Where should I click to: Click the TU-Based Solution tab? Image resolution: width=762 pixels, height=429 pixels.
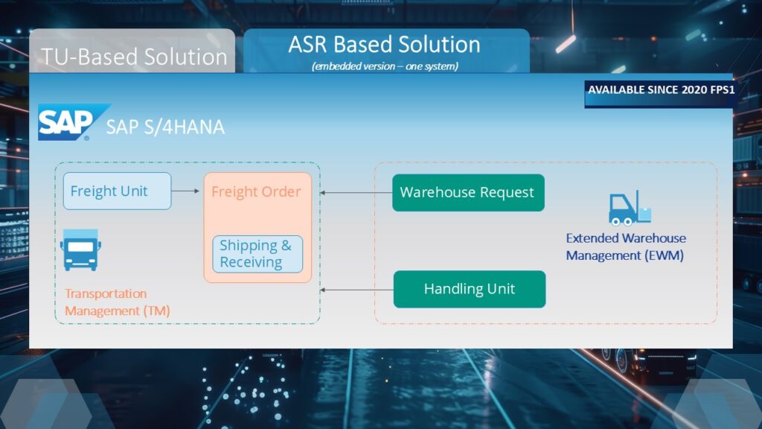coord(134,57)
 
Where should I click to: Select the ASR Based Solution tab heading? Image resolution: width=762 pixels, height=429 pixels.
coord(384,45)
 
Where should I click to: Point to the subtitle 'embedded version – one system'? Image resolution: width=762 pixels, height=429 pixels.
coord(385,66)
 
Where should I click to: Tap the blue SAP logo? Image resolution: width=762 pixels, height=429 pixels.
coord(65,122)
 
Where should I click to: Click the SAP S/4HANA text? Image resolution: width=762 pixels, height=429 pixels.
coord(164,127)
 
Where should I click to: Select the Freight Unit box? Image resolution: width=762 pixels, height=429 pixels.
coord(117,191)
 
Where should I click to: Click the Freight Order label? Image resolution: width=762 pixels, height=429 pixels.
coord(256,191)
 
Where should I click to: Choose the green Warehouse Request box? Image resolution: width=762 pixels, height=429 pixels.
coord(467,192)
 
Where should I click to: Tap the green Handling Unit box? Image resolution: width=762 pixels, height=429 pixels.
coord(469,289)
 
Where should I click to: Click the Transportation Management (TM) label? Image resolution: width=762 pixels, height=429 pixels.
coord(117,302)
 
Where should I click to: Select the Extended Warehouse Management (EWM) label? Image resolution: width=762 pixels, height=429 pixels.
coord(625,247)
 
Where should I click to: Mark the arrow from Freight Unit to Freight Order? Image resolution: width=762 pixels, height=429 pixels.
coord(186,191)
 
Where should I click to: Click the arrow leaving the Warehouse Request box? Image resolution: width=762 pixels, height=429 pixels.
coord(356,193)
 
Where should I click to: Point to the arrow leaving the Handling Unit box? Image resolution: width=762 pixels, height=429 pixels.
coord(356,290)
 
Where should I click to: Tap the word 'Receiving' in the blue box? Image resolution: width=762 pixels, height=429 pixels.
coord(251,262)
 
